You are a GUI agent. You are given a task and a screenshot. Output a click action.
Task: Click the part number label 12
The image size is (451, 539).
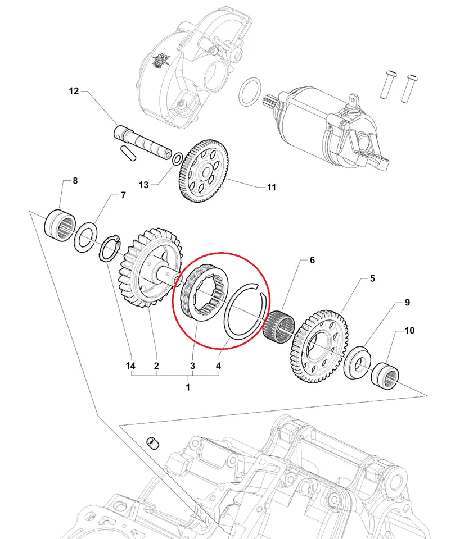(x=75, y=91)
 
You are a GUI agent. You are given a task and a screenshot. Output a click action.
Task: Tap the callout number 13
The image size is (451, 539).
(x=143, y=185)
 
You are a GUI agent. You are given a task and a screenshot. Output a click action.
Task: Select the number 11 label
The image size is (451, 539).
(x=271, y=188)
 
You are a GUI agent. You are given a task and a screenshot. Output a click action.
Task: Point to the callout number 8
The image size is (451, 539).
(x=74, y=181)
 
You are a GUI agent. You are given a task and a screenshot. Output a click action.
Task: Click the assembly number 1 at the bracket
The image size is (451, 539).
(x=188, y=387)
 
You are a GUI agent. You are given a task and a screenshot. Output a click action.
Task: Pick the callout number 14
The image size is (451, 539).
(x=131, y=366)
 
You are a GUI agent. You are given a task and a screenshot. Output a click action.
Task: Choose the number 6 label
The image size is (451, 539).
(x=312, y=261)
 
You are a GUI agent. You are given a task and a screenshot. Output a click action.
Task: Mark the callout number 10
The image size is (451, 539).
(x=409, y=331)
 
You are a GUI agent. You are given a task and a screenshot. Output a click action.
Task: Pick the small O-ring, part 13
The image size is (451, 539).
(x=177, y=158)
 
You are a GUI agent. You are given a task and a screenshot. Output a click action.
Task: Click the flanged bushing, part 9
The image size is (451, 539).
(x=356, y=362)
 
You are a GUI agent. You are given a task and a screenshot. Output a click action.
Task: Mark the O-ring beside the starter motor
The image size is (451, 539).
(x=250, y=92)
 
